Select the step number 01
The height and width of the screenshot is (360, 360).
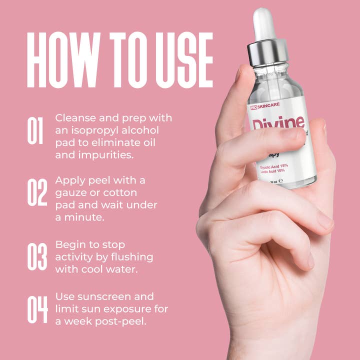coord(36,131)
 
